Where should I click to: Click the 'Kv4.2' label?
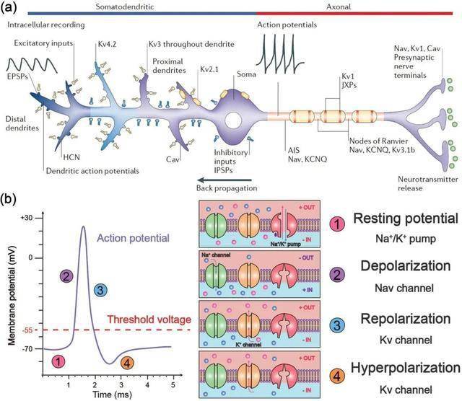click(108, 45)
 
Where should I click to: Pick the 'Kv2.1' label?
click(209, 70)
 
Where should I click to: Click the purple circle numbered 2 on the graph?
click(67, 276)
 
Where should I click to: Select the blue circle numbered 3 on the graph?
click(101, 290)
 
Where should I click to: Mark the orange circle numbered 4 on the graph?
click(127, 363)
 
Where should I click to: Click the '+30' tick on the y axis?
click(27, 218)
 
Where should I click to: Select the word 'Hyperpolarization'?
click(404, 367)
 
